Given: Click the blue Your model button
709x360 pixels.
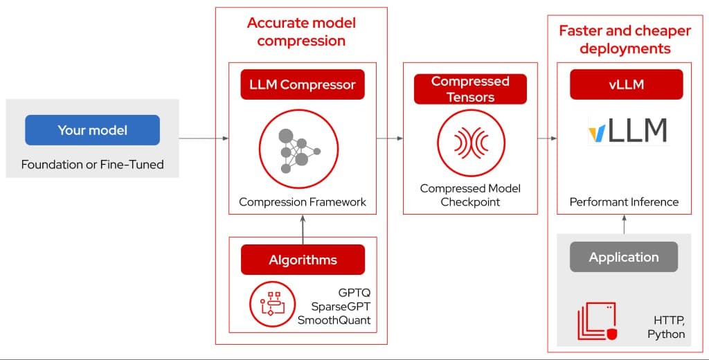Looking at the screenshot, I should tap(92, 130).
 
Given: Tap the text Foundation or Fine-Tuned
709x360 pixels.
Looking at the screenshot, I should tap(92, 165).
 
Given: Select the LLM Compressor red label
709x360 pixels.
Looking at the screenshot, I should tap(303, 85).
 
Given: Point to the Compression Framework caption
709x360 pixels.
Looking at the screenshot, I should tap(303, 202).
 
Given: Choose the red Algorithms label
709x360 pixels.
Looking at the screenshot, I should tap(303, 260).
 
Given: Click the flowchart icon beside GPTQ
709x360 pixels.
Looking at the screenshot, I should tap(268, 303).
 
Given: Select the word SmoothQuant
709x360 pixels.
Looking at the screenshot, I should tap(334, 320).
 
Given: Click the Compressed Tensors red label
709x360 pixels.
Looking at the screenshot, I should tap(470, 89).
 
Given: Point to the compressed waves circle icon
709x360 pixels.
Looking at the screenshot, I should tap(470, 143).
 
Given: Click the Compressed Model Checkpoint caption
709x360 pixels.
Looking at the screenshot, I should tap(470, 195).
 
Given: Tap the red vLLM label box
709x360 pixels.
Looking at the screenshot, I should tap(626, 85).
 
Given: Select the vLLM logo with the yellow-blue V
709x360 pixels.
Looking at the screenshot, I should tap(627, 131).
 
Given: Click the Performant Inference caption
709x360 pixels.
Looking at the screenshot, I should tap(624, 202).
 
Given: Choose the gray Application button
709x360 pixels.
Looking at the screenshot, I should tap(624, 257).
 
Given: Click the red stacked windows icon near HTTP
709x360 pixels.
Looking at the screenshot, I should tap(596, 321).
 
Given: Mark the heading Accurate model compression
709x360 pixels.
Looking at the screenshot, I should tap(301, 32).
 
